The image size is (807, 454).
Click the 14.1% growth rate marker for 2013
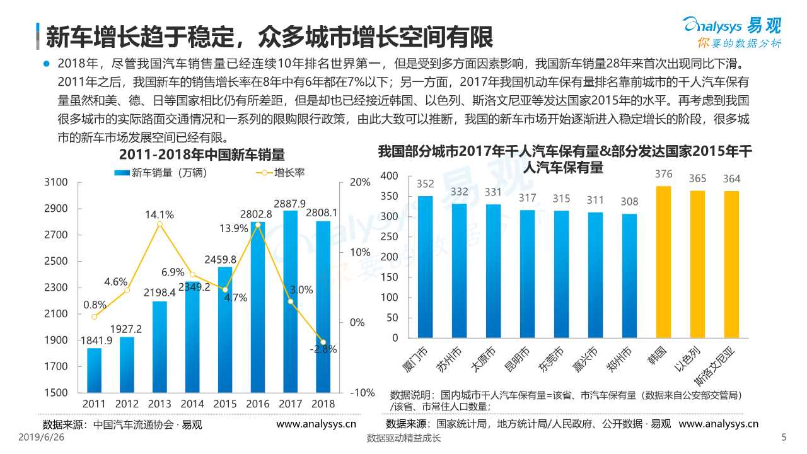click(x=160, y=224)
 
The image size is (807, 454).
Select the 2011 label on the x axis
click(x=94, y=404)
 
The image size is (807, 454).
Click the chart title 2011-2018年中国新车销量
click(x=202, y=154)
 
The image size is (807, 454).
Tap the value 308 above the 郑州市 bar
click(x=630, y=202)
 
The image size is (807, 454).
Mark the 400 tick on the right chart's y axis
click(x=390, y=175)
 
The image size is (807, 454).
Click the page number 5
click(x=784, y=438)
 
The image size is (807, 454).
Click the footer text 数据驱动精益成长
click(x=403, y=439)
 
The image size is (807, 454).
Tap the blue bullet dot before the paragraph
click(x=46, y=64)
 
